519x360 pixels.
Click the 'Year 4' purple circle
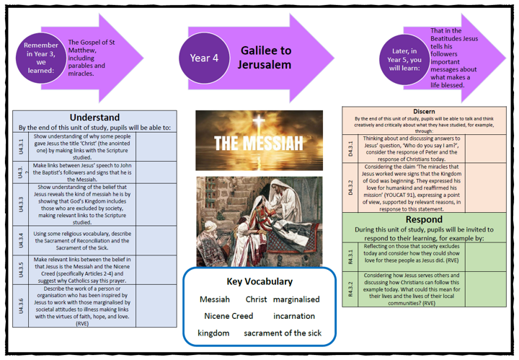click(204, 58)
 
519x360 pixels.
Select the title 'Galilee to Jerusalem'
click(265, 58)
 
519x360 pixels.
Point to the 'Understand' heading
click(94, 118)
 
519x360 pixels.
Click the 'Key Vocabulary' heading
click(260, 281)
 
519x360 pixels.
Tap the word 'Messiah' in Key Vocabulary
click(215, 299)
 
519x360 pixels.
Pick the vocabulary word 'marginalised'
click(296, 299)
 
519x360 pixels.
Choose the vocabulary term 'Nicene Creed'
click(229, 316)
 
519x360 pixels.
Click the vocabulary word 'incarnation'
click(294, 316)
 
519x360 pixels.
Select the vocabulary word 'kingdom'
click(213, 333)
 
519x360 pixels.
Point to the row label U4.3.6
click(22, 307)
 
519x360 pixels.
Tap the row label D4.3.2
click(351, 188)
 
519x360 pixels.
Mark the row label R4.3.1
click(351, 255)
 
